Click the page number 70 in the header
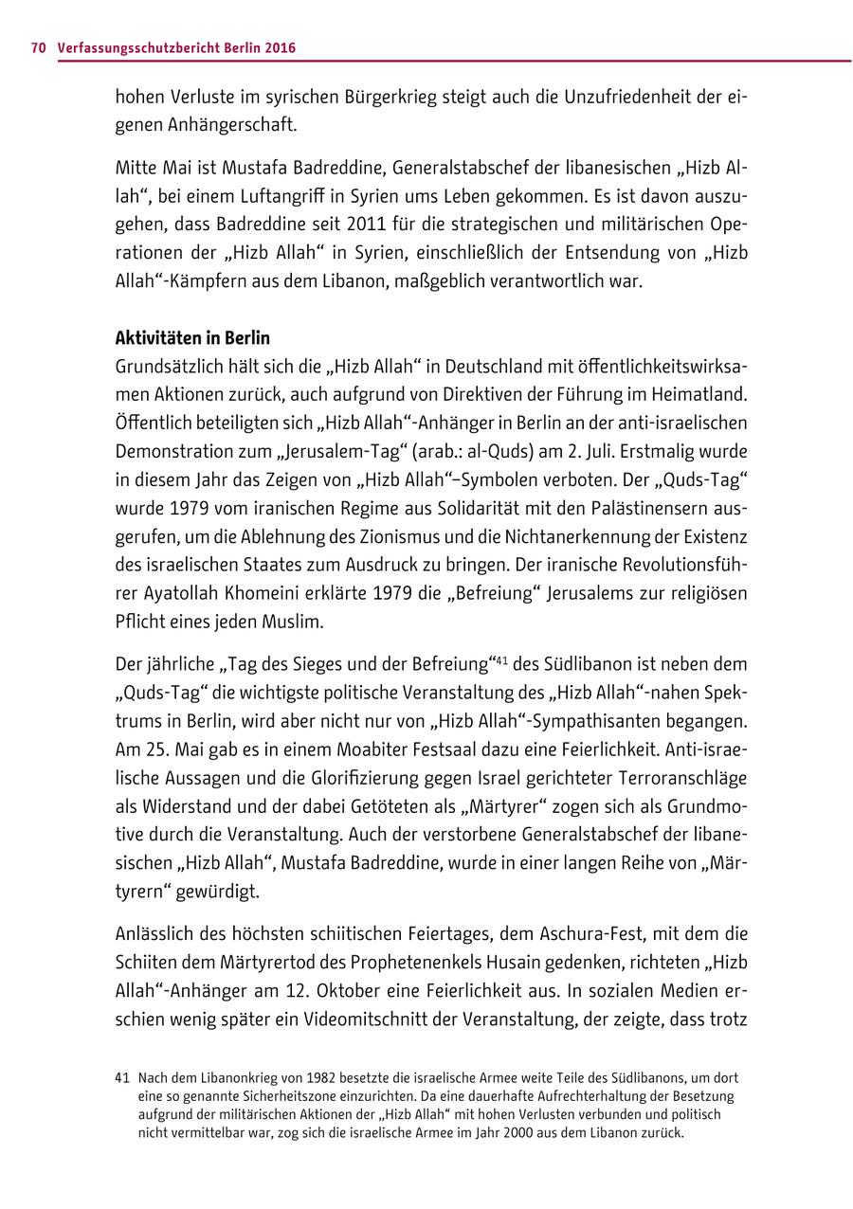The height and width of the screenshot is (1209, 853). point(38,46)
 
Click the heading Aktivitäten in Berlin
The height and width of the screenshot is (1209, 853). point(192,338)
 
